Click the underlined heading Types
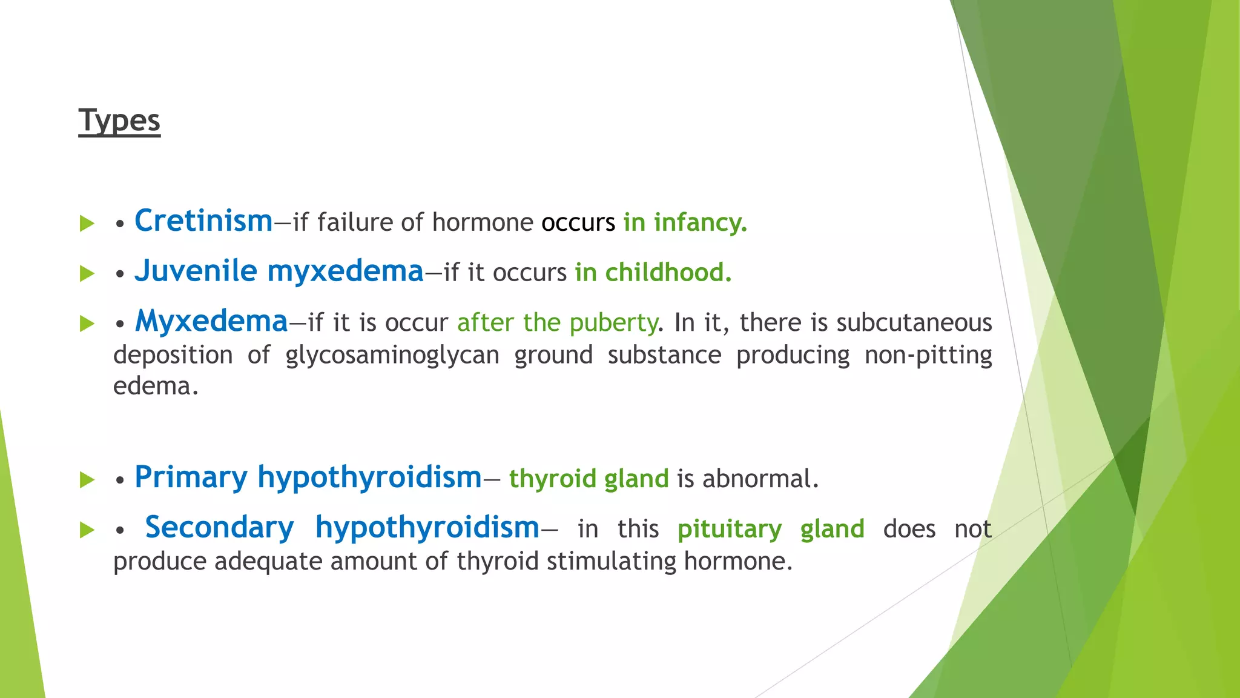(x=119, y=121)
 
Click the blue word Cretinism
(x=203, y=221)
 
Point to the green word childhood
(x=668, y=273)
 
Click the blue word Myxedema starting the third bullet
(x=211, y=322)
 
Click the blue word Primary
(x=191, y=477)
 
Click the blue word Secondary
(x=219, y=528)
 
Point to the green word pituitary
(x=729, y=530)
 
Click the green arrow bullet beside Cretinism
(x=87, y=223)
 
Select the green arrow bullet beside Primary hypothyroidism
(x=87, y=480)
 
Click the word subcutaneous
(x=914, y=323)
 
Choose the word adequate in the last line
(x=268, y=562)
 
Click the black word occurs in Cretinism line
(x=578, y=223)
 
